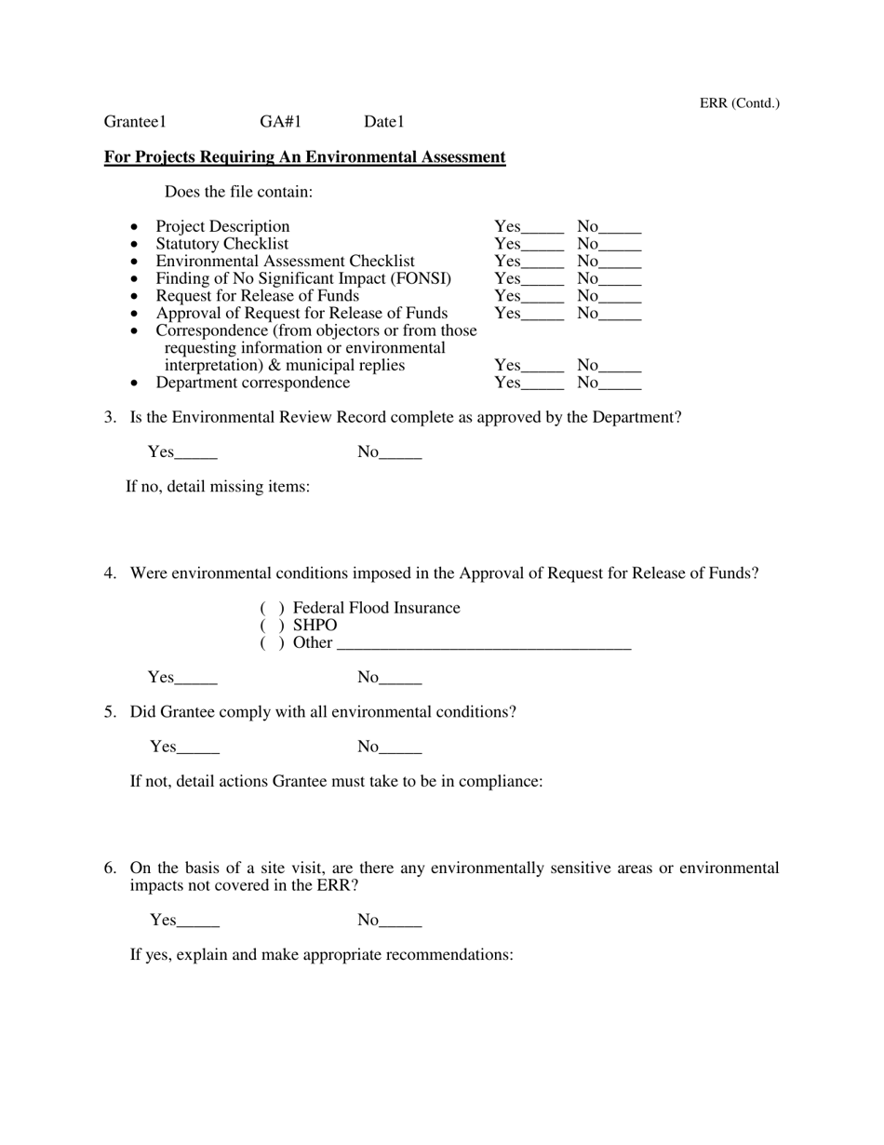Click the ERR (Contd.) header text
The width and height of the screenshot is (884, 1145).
(739, 103)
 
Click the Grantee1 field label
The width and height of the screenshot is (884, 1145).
(135, 122)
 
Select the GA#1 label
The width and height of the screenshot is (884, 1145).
(280, 122)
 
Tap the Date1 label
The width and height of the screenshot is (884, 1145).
(383, 122)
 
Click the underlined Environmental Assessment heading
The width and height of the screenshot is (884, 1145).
(304, 157)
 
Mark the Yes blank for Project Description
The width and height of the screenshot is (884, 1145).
(542, 228)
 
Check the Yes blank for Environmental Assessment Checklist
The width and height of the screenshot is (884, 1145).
(542, 263)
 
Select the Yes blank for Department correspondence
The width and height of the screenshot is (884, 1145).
(542, 384)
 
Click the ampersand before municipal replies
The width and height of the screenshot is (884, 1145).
(274, 366)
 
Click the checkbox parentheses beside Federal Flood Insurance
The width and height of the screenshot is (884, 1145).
(272, 609)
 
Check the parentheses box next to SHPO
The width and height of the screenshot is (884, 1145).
(272, 626)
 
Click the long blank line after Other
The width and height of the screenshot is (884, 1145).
(484, 644)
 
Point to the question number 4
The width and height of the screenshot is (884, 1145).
(110, 573)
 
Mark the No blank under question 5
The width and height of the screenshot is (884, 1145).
(401, 748)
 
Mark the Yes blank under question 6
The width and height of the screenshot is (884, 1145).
(197, 922)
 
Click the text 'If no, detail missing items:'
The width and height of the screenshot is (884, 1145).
(218, 487)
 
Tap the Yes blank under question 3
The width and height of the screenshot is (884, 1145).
(195, 453)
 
